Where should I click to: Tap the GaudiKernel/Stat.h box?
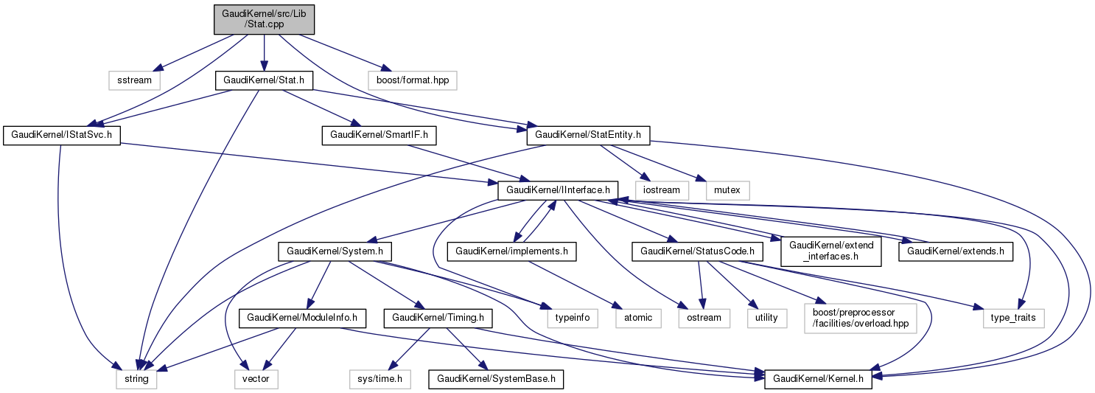pyautogui.click(x=264, y=80)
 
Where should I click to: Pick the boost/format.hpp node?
pyautogui.click(x=412, y=80)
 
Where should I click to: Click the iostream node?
pyautogui.click(x=665, y=190)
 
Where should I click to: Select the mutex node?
pyautogui.click(x=728, y=190)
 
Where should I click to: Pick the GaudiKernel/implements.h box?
pyautogui.click(x=516, y=251)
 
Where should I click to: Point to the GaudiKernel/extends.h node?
pyautogui.click(x=955, y=251)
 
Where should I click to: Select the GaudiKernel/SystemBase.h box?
pyautogui.click(x=496, y=380)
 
